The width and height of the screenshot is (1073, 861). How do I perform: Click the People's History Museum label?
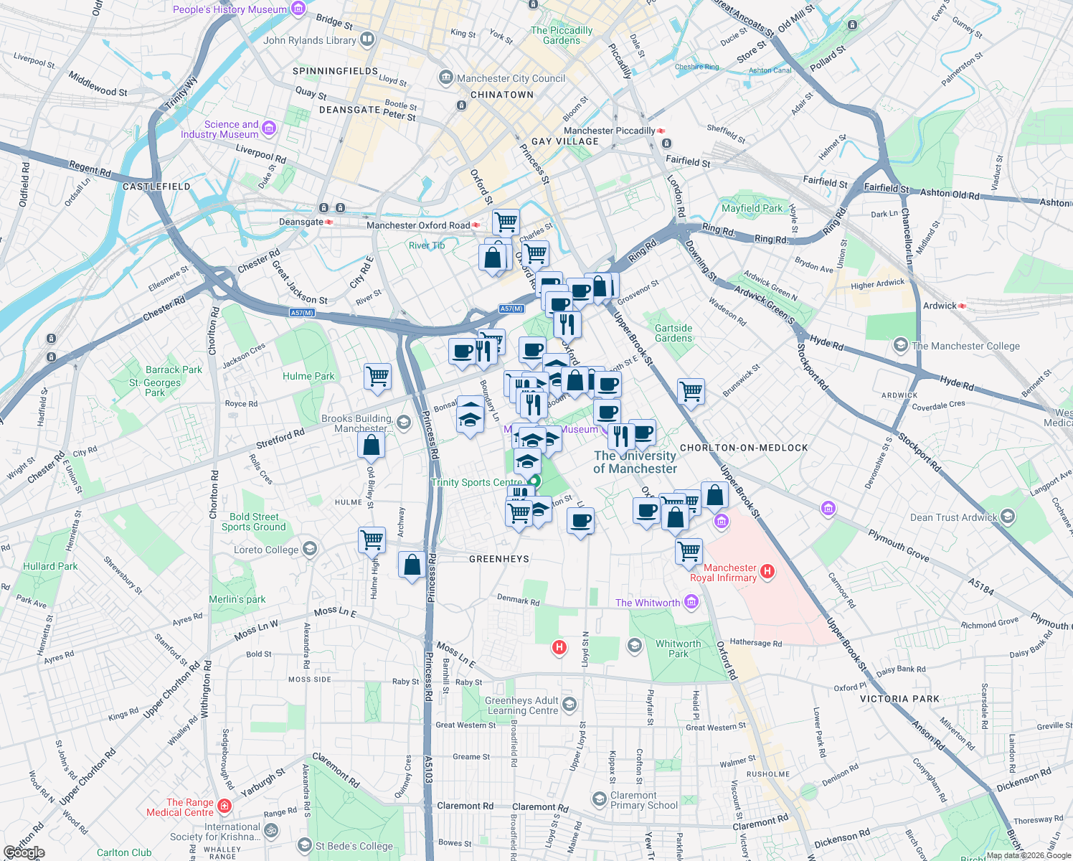[230, 9]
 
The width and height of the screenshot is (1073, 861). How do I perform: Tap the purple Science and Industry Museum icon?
[269, 128]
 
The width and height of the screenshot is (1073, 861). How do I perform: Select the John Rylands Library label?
[309, 40]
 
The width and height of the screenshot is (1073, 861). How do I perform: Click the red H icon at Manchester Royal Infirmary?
[767, 572]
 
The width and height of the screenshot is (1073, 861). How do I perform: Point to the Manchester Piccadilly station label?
[609, 131]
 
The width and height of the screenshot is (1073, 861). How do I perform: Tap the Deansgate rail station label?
[301, 222]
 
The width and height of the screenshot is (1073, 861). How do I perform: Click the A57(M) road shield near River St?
[302, 313]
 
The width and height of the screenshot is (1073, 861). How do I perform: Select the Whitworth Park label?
[678, 649]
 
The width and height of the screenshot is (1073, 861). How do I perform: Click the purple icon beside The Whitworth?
[691, 602]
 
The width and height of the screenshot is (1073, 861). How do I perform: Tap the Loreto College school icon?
[310, 550]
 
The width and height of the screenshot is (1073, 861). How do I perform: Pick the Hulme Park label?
[308, 376]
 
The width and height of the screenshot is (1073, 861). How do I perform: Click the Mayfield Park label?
[752, 208]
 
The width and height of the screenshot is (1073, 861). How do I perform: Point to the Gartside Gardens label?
[673, 333]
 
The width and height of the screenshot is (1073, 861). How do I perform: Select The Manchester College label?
[965, 346]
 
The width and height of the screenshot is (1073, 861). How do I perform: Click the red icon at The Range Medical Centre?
[224, 806]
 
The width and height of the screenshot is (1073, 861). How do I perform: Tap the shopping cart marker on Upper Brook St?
[691, 392]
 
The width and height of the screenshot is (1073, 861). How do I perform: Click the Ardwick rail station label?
[940, 306]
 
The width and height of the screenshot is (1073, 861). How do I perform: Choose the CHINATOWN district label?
[502, 95]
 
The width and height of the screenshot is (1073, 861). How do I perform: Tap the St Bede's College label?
[354, 846]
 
